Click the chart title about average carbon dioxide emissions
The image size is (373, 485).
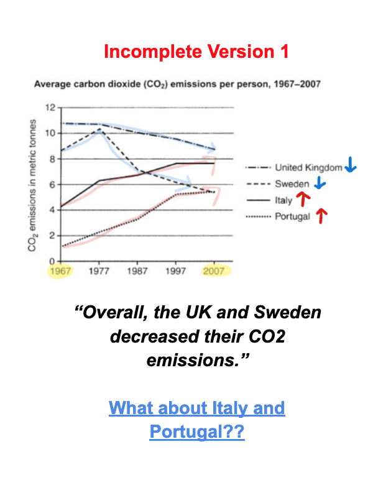(177, 84)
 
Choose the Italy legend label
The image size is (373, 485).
(283, 200)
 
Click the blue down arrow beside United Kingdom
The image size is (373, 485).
(351, 165)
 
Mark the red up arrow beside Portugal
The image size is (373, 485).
(321, 216)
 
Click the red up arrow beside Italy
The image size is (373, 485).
(303, 199)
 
